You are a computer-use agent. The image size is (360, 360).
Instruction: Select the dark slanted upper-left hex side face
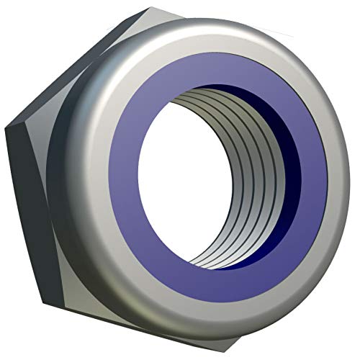(x=58, y=79)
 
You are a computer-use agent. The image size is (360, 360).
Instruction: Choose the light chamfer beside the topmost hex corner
(x=144, y=22)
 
